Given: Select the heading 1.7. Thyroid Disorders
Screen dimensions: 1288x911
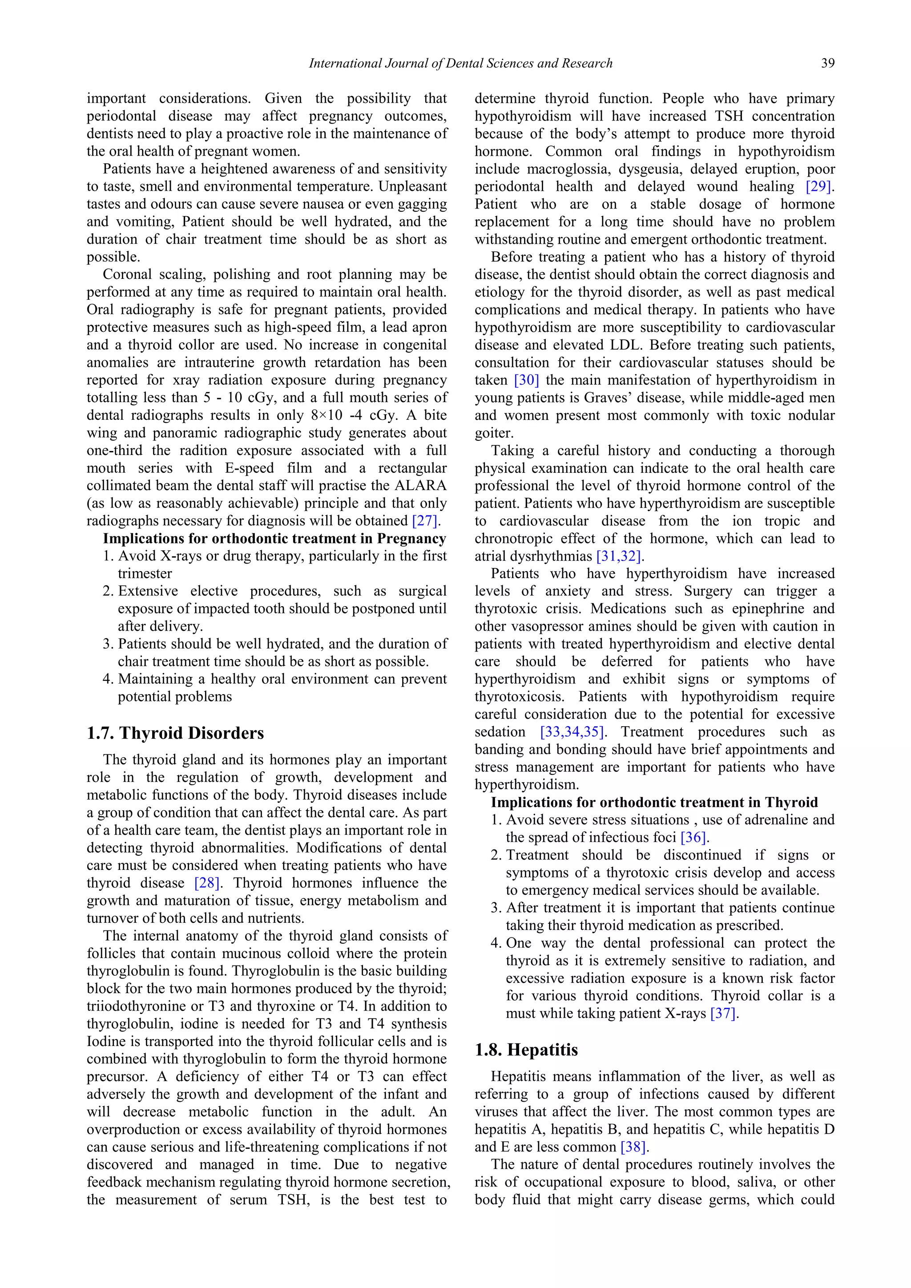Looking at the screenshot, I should tap(175, 733).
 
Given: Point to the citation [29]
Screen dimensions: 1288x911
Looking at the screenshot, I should tap(818, 186).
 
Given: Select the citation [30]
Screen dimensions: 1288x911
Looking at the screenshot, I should tap(526, 380).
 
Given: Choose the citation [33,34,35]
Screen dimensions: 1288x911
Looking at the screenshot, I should tap(572, 732).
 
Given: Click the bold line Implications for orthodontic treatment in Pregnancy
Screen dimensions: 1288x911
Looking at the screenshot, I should tap(274, 539).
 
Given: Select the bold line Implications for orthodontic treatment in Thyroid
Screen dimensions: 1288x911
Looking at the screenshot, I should tap(654, 802).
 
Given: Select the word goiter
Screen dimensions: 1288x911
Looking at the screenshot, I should tap(494, 433).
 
